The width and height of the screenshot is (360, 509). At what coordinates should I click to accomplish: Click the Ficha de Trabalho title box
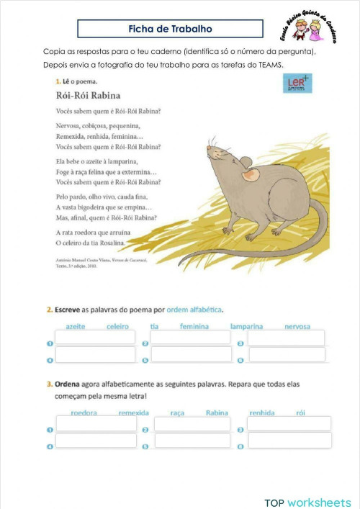(170, 29)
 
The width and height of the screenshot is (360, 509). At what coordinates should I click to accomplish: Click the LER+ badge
(297, 83)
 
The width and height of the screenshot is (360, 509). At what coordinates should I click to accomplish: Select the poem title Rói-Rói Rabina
(88, 95)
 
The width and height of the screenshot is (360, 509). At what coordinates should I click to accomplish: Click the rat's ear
(250, 174)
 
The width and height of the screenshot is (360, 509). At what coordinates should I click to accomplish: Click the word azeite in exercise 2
(76, 326)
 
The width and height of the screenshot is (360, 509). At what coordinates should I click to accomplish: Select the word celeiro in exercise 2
(117, 326)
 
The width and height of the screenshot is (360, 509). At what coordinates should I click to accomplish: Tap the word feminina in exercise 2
(194, 326)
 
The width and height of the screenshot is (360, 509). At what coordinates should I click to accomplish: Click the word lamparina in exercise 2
(246, 326)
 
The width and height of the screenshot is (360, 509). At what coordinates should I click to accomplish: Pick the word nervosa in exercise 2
(297, 326)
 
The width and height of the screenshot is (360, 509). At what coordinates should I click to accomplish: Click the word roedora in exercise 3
(84, 413)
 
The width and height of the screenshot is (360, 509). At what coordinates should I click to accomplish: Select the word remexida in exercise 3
(133, 413)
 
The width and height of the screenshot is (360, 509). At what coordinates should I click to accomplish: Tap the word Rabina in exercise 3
(217, 413)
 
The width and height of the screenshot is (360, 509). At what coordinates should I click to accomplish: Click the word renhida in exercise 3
(261, 413)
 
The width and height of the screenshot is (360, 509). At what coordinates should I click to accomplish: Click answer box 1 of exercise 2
(95, 337)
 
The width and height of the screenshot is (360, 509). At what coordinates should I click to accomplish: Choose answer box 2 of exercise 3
(192, 424)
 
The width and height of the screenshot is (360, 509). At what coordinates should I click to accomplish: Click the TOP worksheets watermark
(307, 502)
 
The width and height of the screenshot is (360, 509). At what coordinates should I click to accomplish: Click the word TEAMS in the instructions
(271, 66)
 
